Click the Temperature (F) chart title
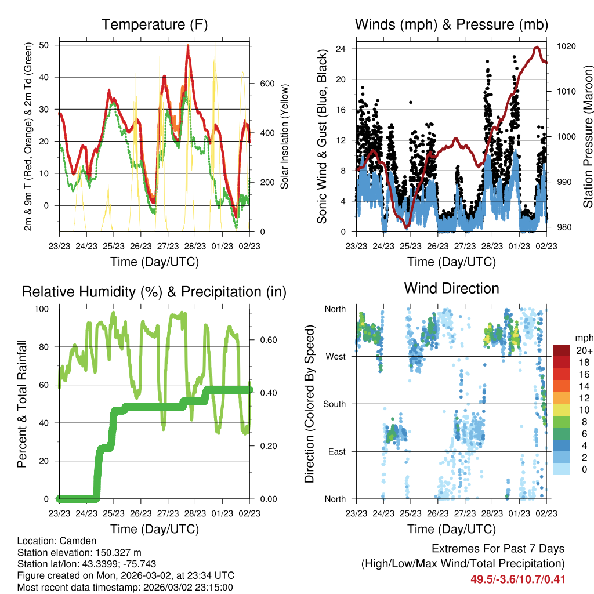coord(154,24)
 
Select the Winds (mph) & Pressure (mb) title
coord(451,24)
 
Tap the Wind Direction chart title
coord(451,288)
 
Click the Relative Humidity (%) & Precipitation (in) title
coord(154,291)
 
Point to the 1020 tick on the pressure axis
coord(566,46)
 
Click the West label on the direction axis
coord(335,356)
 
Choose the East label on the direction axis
coord(335,451)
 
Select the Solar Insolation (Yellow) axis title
coord(284,136)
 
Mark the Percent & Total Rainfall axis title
coord(22,404)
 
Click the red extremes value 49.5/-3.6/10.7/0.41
coord(518,579)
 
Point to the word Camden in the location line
coord(81,541)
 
